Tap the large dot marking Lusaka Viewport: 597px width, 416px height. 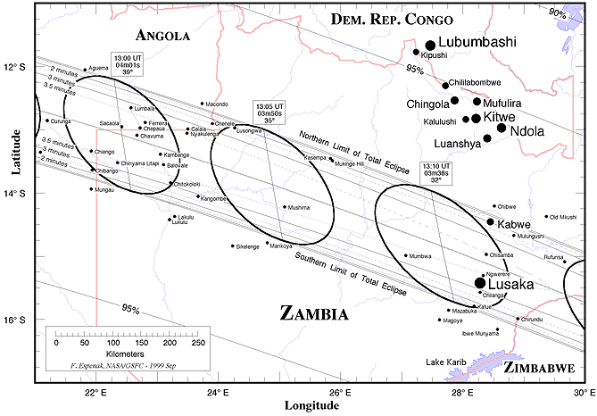tap(480, 282)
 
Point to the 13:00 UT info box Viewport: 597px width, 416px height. tap(126, 65)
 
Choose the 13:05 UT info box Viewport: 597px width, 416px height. tap(267, 112)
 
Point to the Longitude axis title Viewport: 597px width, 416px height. tap(311, 405)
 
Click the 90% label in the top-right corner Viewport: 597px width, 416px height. tap(557, 12)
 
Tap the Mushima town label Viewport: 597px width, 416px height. tap(299, 207)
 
